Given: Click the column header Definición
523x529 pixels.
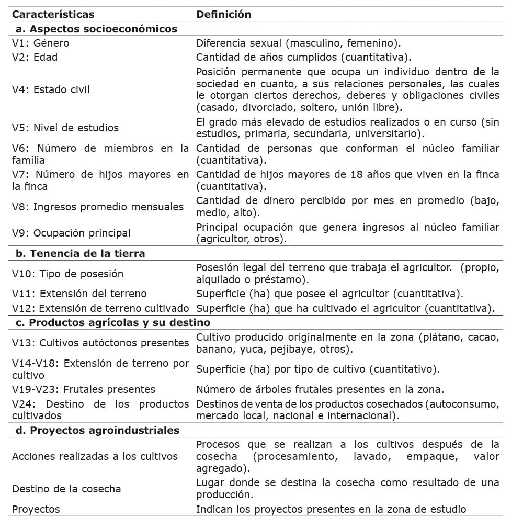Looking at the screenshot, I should tap(223, 14).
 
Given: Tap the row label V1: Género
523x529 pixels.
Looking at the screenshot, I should tap(40, 43).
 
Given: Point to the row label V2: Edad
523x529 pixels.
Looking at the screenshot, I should tap(35, 57).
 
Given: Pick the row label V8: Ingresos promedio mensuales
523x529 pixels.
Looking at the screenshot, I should tap(98, 207).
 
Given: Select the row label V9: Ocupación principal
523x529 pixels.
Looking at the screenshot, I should tap(71, 233).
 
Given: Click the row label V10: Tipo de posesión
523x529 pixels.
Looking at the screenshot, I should tap(67, 274).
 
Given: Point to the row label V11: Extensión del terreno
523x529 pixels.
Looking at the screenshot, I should tap(79, 294).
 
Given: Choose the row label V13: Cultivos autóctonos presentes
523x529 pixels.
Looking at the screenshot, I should tap(100, 343).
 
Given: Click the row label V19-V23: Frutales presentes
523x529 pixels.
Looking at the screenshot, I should tap(84, 389).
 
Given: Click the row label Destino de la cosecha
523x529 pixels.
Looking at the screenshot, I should tap(66, 489).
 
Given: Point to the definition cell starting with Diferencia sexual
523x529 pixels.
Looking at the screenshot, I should tap(298, 43).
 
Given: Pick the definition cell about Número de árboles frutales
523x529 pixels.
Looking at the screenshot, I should tap(320, 389).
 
